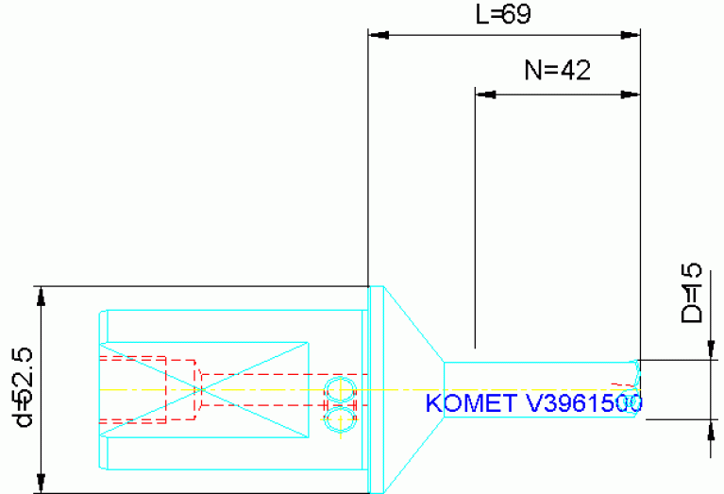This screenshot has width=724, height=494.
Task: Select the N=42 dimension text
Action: pos(557,71)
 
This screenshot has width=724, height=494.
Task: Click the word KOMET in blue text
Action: pos(468,404)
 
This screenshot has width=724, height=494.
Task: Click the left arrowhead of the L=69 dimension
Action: pos(378,36)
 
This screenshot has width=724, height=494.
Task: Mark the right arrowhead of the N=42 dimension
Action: pos(631,94)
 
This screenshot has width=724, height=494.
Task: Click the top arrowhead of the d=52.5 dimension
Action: pos(41,296)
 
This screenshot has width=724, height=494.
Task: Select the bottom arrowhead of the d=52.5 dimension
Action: pos(41,483)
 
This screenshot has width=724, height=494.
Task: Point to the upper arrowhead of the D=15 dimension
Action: pos(708,350)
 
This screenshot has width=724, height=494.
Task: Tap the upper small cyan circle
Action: pos(339,388)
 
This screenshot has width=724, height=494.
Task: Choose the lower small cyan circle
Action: pos(339,417)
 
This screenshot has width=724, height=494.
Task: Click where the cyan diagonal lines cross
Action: pos(201,389)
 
